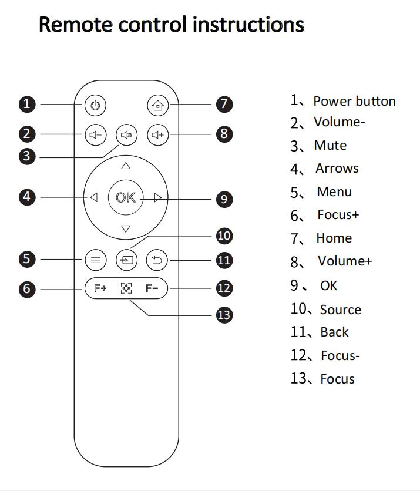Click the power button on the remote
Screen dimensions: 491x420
tap(96, 106)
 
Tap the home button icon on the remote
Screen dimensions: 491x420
tap(157, 106)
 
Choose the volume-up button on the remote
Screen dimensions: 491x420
tap(157, 135)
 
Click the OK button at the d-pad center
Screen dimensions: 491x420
tap(125, 198)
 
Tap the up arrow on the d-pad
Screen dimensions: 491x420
tap(125, 166)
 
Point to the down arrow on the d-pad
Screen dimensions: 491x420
tap(125, 229)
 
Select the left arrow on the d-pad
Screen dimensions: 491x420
tap(94, 198)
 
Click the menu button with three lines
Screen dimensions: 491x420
tap(96, 259)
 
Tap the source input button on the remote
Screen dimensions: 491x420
tap(126, 259)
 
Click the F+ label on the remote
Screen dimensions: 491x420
tap(100, 288)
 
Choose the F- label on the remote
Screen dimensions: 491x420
tap(152, 288)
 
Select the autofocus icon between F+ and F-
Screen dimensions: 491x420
tap(126, 288)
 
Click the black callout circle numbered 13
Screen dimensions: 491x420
tap(224, 315)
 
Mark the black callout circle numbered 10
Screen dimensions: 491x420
tap(224, 236)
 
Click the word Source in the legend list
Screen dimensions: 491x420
tap(341, 310)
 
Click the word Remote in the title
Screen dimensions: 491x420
tap(74, 25)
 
